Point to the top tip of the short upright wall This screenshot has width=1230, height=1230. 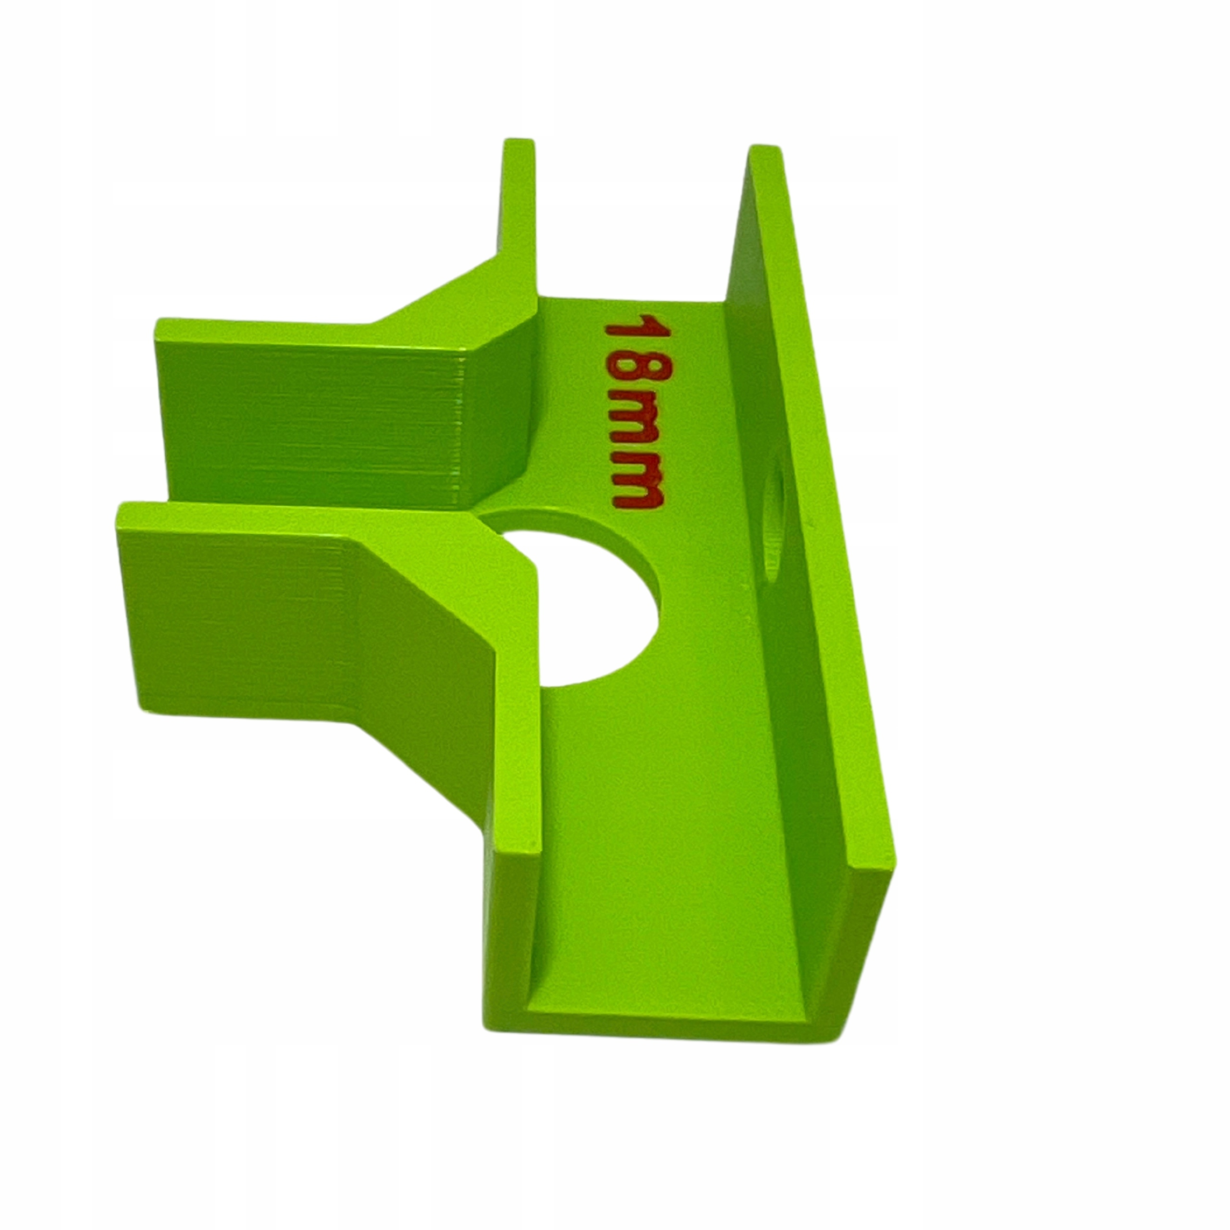point(518,141)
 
